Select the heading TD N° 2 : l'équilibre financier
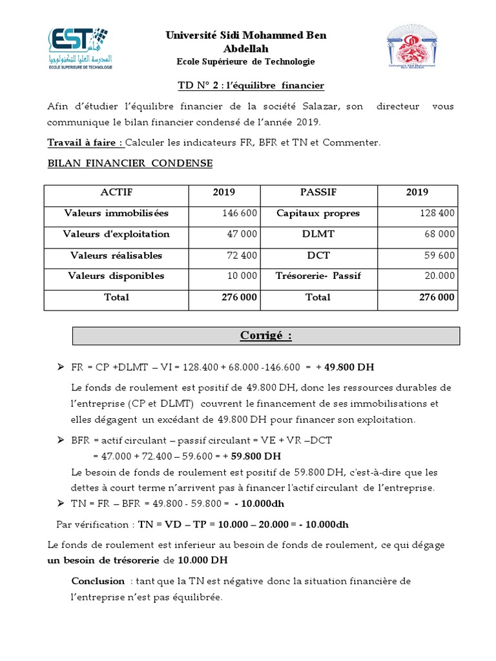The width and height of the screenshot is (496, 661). [251, 85]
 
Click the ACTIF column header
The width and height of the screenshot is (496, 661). [116, 192]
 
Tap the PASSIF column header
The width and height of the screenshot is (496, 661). [318, 192]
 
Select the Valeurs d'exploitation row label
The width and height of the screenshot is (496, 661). [116, 234]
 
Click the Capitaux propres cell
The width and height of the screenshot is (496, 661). [318, 213]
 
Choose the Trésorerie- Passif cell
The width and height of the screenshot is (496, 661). [318, 276]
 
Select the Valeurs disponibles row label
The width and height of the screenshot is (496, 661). [116, 276]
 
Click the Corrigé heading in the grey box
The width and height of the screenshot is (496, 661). [265, 336]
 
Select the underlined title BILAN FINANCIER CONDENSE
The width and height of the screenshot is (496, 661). [130, 163]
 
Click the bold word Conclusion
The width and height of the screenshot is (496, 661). [98, 581]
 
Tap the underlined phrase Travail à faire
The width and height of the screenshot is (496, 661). [85, 143]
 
